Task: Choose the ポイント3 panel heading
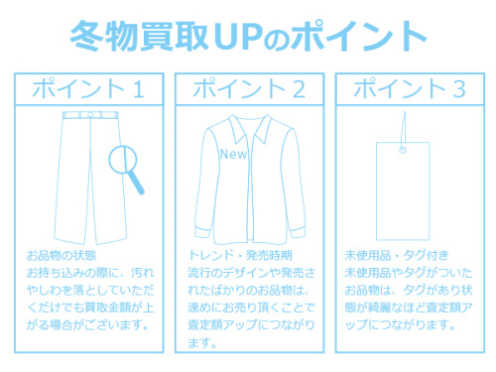(408, 88)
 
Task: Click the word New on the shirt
(233, 155)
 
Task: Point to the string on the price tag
(405, 129)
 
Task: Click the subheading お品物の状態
(62, 256)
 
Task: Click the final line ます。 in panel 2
(200, 342)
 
